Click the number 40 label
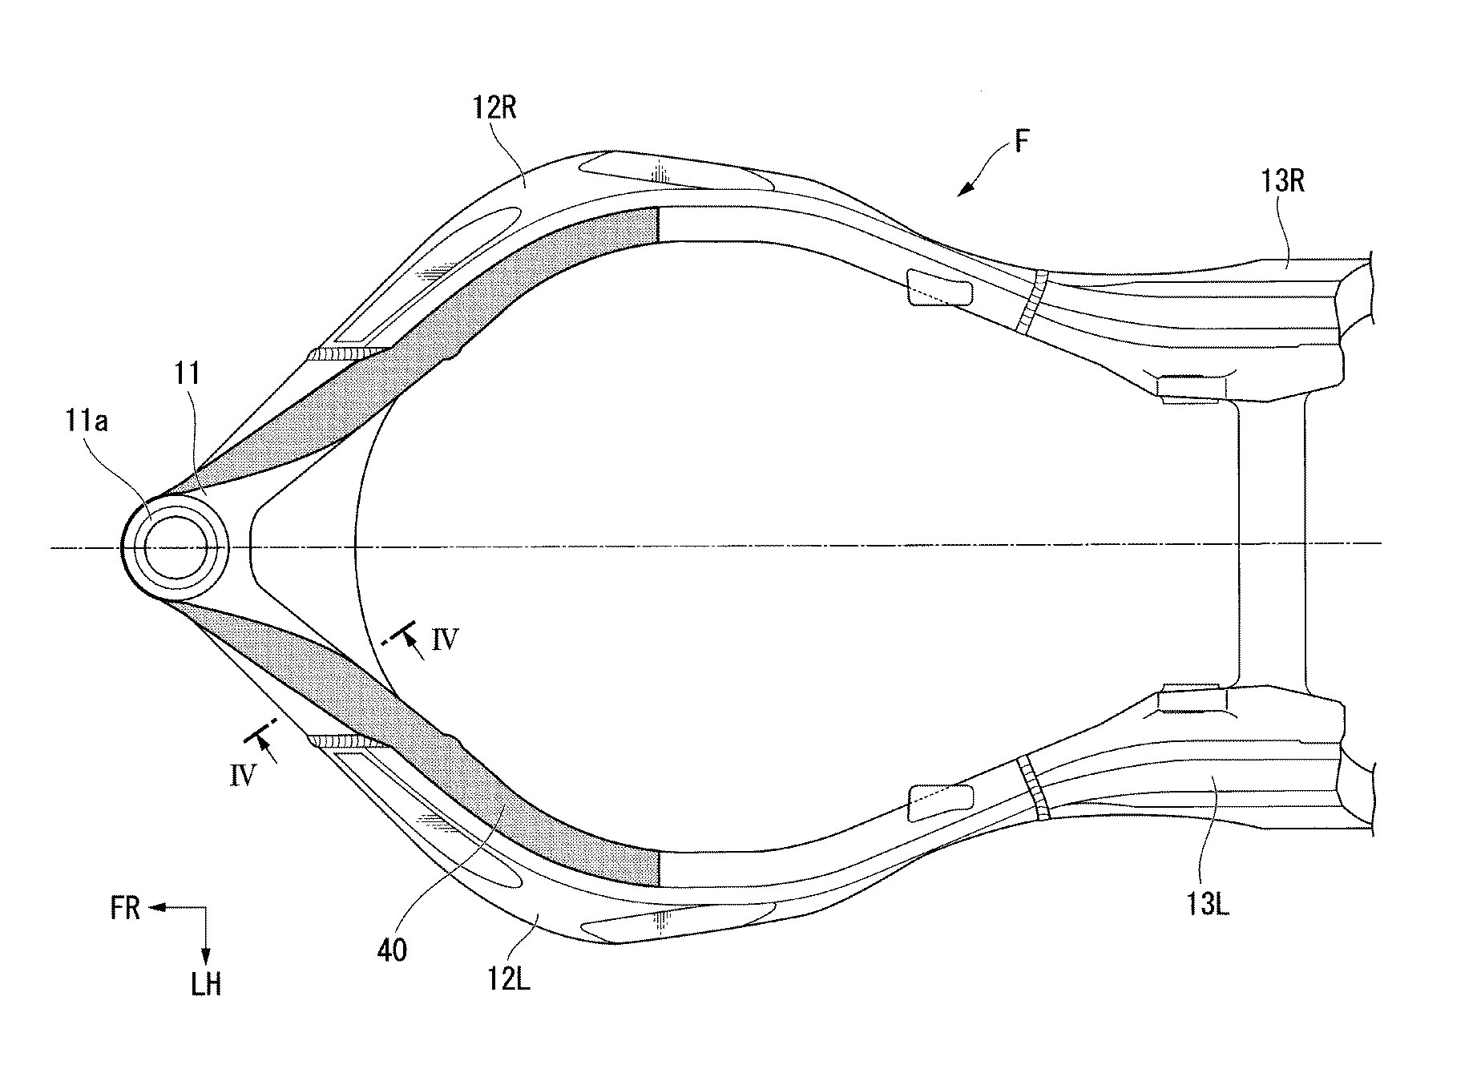[392, 950]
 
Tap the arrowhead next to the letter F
[965, 189]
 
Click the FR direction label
[126, 910]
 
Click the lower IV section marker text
[242, 775]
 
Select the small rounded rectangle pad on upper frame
[938, 288]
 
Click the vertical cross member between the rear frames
[1272, 547]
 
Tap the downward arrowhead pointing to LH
[206, 954]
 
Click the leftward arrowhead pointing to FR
[155, 909]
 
